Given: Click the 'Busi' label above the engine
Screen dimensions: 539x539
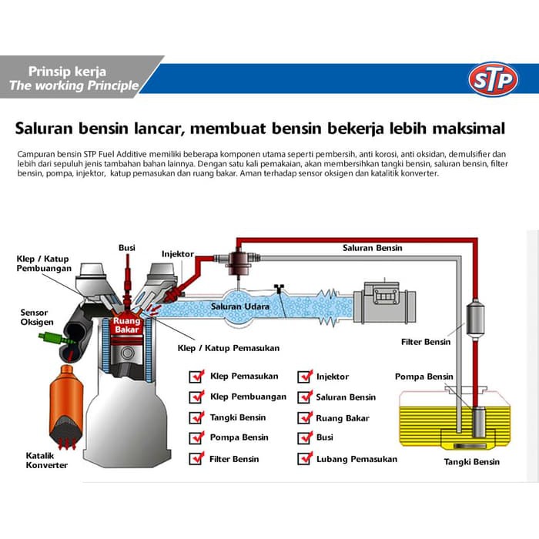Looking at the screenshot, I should [x=127, y=247].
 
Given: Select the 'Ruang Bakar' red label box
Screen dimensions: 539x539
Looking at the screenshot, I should [x=126, y=325].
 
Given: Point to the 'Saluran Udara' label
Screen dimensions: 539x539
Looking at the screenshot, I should [x=240, y=307].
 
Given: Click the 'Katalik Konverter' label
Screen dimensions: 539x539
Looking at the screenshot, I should [x=47, y=460].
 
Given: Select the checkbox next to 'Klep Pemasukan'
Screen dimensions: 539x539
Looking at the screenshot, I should [x=196, y=377].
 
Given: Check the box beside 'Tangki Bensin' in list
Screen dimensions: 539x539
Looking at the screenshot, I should [x=196, y=417].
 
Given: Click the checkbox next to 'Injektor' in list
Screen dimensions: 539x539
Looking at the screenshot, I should [x=305, y=377].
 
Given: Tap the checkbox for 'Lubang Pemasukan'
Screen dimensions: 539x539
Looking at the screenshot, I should [x=305, y=459].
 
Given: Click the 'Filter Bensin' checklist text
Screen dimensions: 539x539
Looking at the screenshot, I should [x=234, y=459].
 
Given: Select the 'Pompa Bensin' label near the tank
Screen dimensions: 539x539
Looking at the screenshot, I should [x=423, y=377].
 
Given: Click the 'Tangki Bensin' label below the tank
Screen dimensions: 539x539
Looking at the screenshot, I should [x=471, y=462].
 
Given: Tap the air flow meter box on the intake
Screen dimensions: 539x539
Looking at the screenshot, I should [x=384, y=300].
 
